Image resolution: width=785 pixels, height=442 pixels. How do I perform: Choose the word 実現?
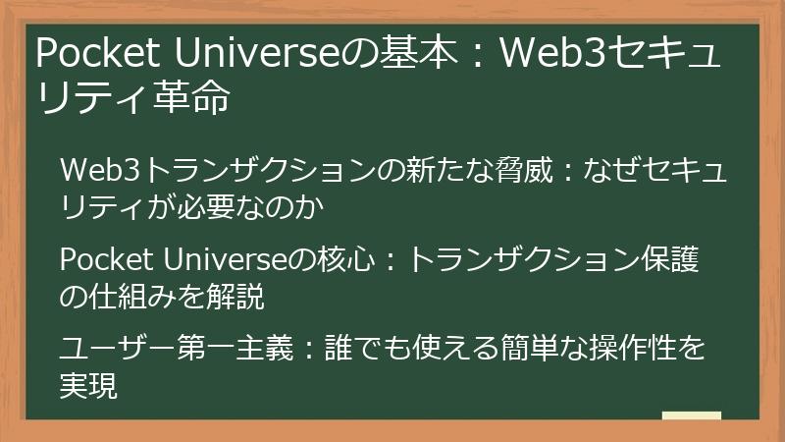pos(88,386)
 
